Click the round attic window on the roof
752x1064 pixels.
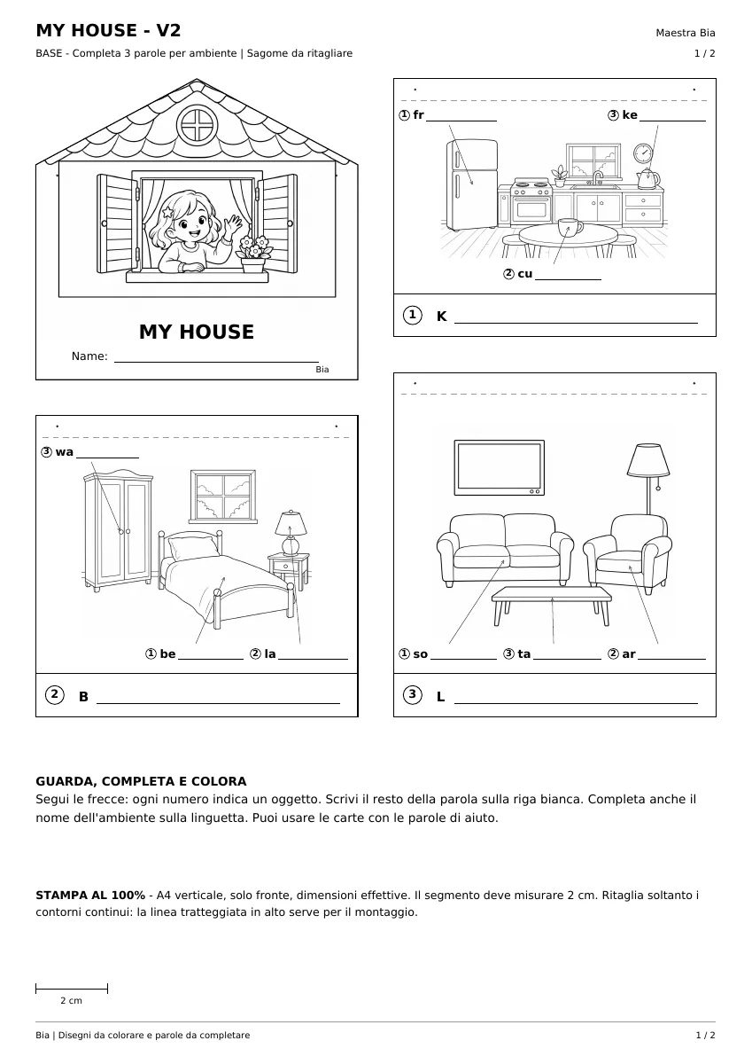click(x=197, y=125)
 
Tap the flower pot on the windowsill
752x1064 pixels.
click(x=252, y=265)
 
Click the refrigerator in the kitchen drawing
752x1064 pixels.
click(x=471, y=184)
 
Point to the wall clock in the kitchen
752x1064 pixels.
click(x=643, y=153)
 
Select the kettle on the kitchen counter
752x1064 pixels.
click(x=647, y=178)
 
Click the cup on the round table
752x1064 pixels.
click(x=570, y=227)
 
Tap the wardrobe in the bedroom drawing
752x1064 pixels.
click(x=118, y=529)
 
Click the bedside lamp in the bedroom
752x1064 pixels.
click(x=291, y=533)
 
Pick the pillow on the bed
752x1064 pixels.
click(x=194, y=547)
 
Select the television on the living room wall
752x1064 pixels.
click(x=500, y=468)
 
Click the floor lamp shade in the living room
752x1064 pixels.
click(x=647, y=460)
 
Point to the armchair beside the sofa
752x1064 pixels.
click(x=627, y=553)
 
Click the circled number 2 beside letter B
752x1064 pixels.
click(x=55, y=695)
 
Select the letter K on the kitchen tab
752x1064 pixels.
click(x=441, y=317)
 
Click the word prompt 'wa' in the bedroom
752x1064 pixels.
click(x=65, y=452)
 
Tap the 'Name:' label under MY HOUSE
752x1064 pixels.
click(x=89, y=356)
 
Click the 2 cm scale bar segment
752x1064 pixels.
click(x=72, y=989)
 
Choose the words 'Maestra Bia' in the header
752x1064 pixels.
click(x=685, y=33)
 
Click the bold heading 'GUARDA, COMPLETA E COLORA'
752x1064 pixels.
click(x=141, y=781)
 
